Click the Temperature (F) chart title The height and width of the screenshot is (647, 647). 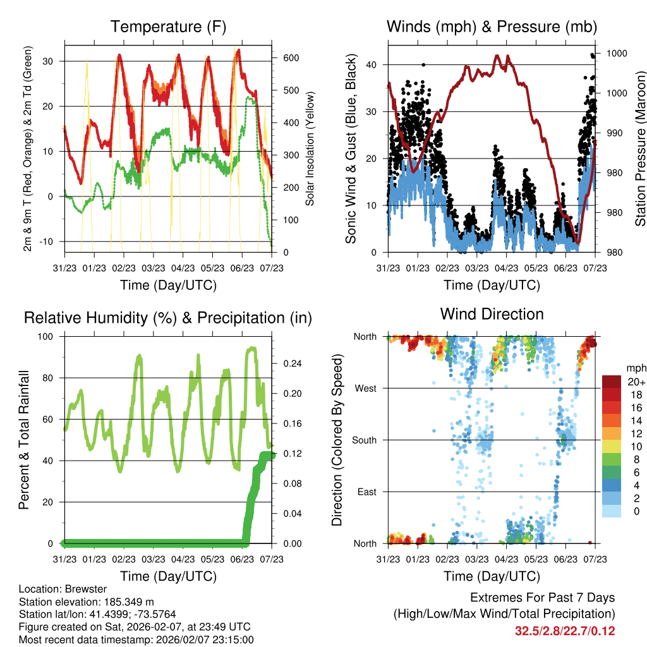point(167,27)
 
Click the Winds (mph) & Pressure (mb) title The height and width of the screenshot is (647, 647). point(492,27)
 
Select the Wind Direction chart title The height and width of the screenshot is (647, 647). point(492,314)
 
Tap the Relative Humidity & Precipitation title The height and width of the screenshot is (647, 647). point(167,318)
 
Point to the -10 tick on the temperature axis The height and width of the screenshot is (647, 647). point(49,242)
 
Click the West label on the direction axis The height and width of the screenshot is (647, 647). point(365,388)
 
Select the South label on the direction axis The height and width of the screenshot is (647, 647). point(364,440)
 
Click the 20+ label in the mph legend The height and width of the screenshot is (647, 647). point(632,382)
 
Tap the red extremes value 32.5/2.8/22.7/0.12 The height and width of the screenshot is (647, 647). point(565,631)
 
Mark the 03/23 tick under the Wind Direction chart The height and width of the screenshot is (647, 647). point(477,559)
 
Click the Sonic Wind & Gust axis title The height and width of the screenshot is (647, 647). point(351,148)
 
